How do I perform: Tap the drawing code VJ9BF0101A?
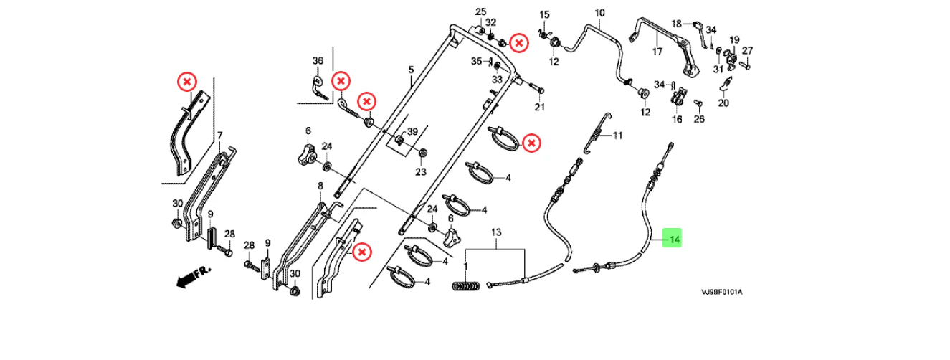tap(721, 292)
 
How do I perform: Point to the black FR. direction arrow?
tap(193, 277)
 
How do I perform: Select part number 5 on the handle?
tap(411, 70)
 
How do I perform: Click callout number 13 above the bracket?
tap(496, 232)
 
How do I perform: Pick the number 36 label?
tap(318, 61)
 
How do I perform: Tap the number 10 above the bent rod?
tap(599, 13)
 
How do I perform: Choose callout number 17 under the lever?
tap(657, 52)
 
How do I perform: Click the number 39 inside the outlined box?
tap(412, 132)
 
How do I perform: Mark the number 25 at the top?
tap(480, 11)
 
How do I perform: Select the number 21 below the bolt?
tap(539, 108)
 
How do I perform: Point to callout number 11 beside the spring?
tap(617, 136)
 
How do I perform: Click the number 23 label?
tap(421, 171)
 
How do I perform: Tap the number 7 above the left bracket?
tap(219, 136)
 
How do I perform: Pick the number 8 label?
tap(320, 186)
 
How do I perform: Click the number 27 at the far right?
tap(747, 50)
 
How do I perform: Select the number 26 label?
tap(699, 119)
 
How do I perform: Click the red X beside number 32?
tap(518, 43)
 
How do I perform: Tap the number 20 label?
tap(723, 103)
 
